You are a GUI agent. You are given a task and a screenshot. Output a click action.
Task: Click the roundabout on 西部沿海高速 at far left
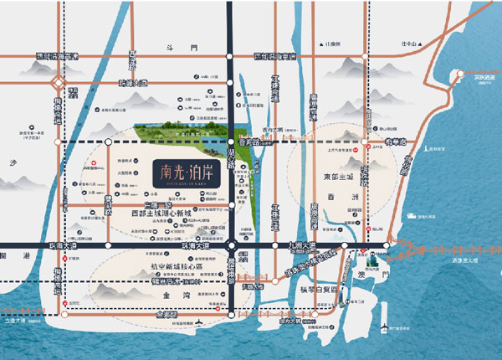[56, 82]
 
